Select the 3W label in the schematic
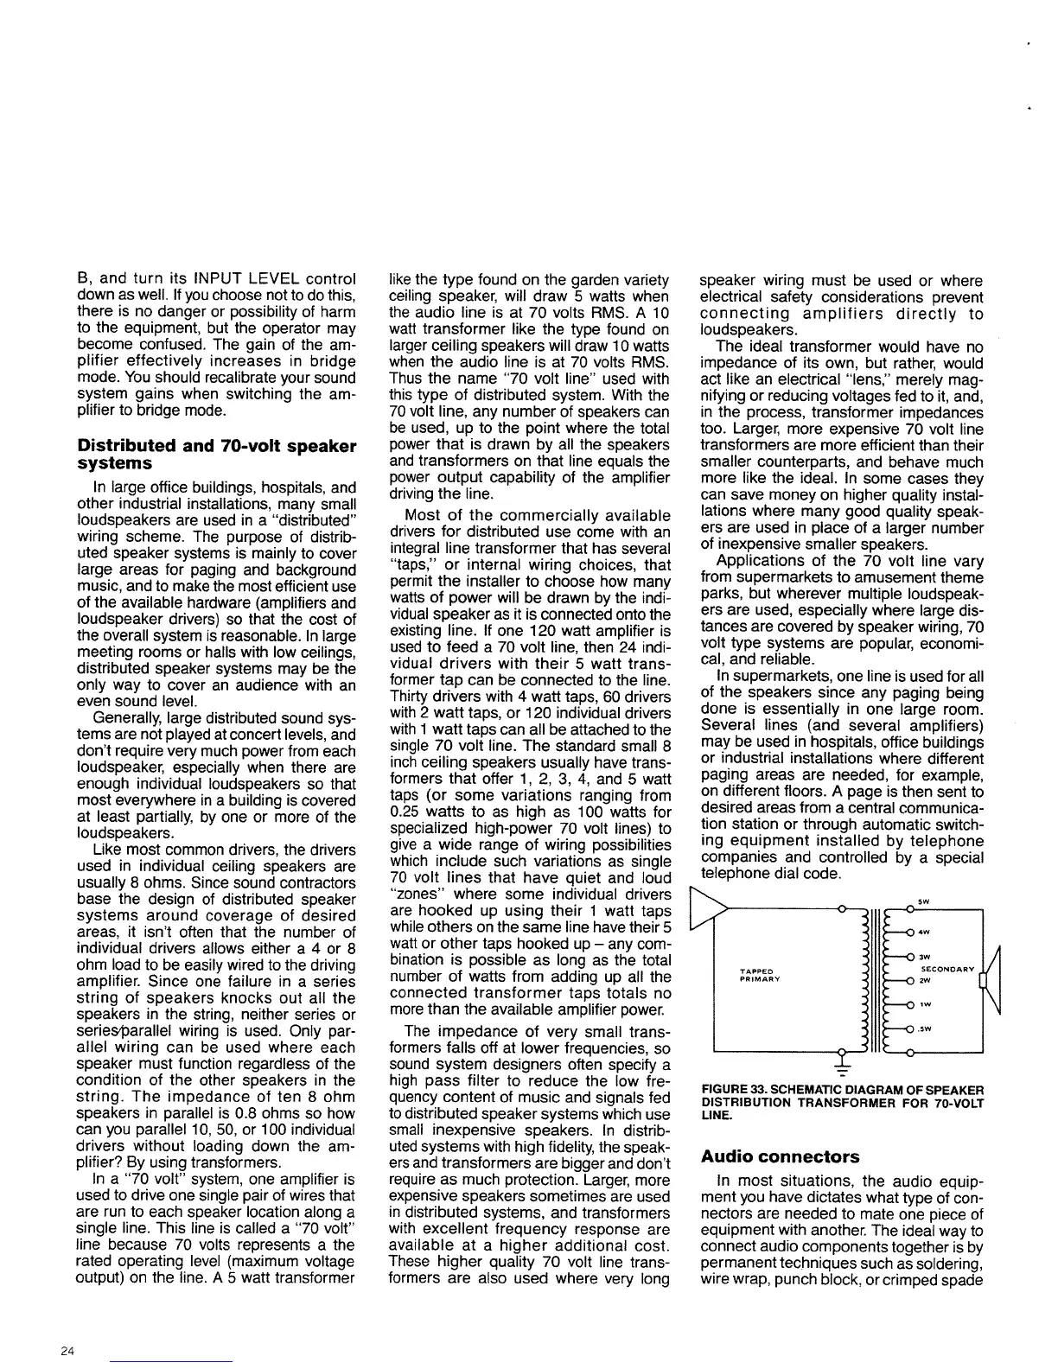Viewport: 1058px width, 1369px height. [x=923, y=957]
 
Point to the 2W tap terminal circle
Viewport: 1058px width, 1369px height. [x=911, y=981]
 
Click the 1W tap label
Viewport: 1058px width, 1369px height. [x=923, y=1005]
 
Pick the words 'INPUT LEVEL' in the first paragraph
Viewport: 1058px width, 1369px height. [x=235, y=281]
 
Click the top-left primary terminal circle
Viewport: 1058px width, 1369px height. [x=842, y=908]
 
